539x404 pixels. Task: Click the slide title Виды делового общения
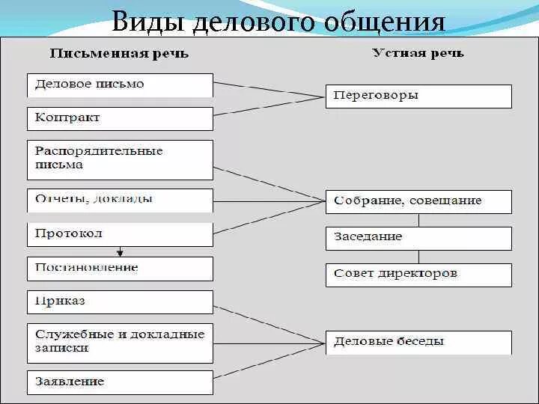pos(278,22)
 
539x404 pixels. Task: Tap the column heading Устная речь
pos(418,53)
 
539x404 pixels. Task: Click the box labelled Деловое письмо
pos(120,85)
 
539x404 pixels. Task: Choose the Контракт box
pos(120,118)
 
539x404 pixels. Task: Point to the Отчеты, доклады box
pos(120,199)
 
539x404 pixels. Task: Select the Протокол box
pos(120,233)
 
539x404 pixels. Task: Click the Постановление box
pos(120,268)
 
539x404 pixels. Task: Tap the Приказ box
pos(120,302)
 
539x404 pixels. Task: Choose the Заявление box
pos(120,382)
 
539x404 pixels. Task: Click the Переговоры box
pos(418,96)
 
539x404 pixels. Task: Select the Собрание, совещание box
pos(418,201)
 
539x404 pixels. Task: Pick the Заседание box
pos(418,237)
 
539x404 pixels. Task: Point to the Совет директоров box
pos(418,274)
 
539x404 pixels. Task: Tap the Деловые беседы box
pos(418,342)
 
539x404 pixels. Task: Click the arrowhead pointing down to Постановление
pos(119,253)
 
